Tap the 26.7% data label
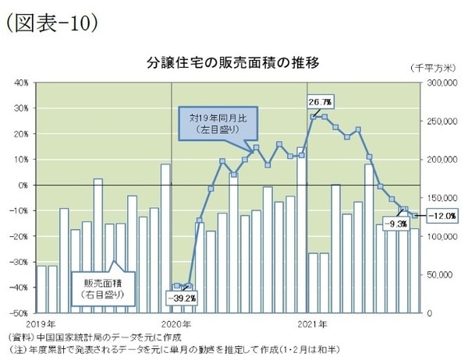point(320,102)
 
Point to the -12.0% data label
point(433,215)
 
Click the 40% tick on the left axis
point(21,82)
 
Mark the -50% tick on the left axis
point(19,313)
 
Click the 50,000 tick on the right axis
point(438,275)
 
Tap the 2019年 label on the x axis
point(41,323)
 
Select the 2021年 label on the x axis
point(311,323)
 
